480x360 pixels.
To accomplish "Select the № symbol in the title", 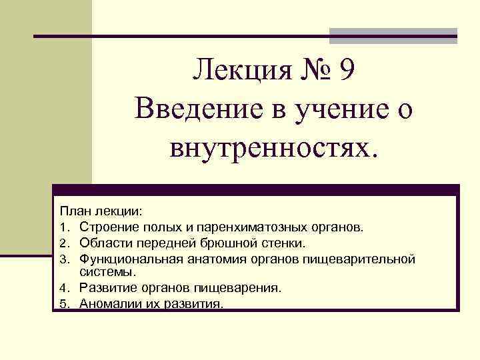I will point(315,70).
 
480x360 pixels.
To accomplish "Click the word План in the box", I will point(73,211).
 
